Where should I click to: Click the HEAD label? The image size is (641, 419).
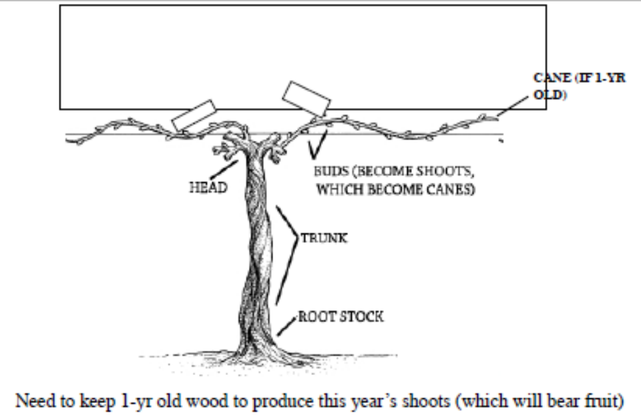tap(208, 187)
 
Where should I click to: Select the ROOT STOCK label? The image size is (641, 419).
tap(341, 316)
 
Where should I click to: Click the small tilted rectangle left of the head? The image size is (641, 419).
tap(192, 116)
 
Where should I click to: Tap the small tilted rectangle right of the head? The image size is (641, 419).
tap(306, 99)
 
